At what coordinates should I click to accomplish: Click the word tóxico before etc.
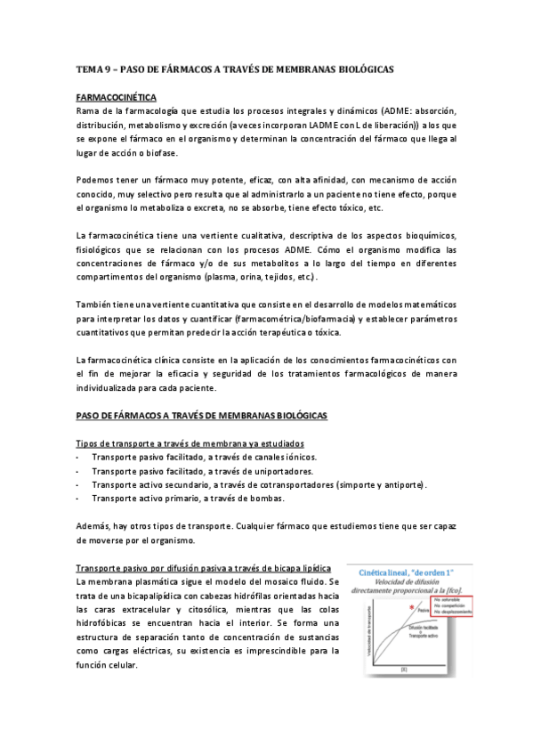coord(337,207)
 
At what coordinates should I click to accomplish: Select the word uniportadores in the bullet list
coord(278,470)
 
